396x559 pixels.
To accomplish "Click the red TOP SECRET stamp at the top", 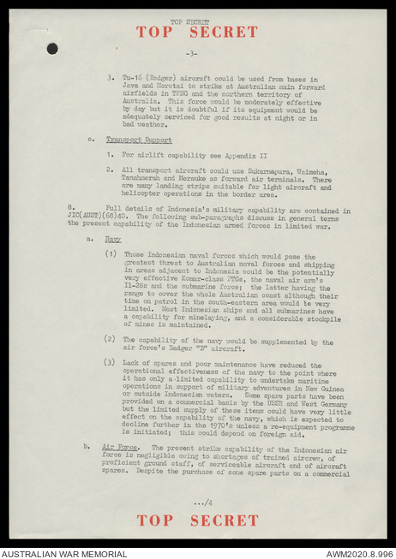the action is pos(196,33).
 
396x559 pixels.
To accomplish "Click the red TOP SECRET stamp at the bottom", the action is pos(196,520).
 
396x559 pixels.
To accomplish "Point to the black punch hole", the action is pos(52,49).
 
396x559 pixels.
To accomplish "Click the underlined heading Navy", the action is pos(113,239).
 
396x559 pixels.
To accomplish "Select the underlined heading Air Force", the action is pos(120,447).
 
